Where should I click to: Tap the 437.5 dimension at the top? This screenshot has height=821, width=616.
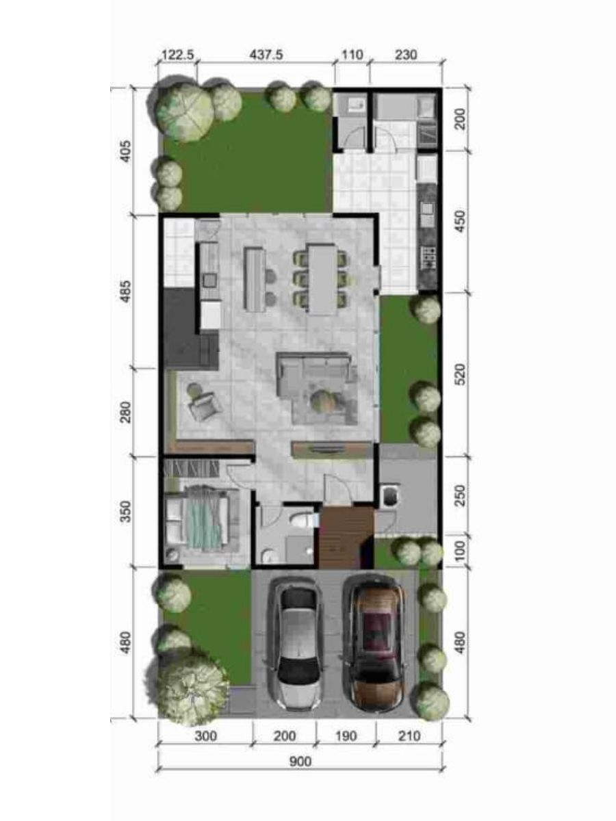266,55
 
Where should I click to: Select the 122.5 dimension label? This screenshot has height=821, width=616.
178,55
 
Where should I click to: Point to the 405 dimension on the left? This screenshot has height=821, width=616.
127,151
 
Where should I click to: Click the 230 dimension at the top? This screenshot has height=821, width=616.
406,55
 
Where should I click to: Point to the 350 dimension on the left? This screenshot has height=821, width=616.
127,511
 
